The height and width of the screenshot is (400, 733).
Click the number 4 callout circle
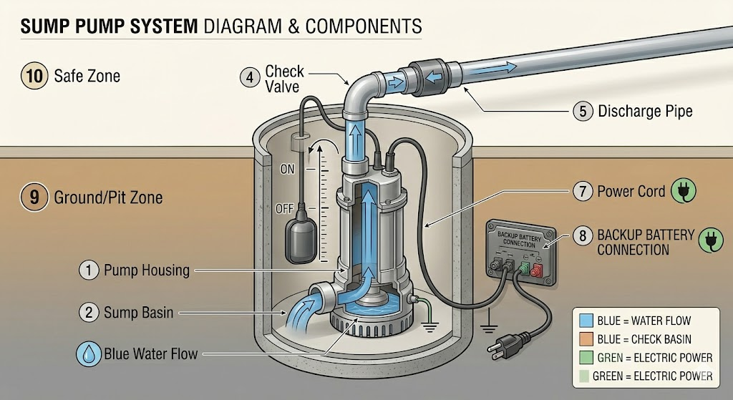pos(249,77)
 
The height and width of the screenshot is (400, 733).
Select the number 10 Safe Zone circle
pos(34,75)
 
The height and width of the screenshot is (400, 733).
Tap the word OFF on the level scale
pos(284,209)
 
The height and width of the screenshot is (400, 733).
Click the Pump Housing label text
pos(146,270)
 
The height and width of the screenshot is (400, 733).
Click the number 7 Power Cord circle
pos(581,192)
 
